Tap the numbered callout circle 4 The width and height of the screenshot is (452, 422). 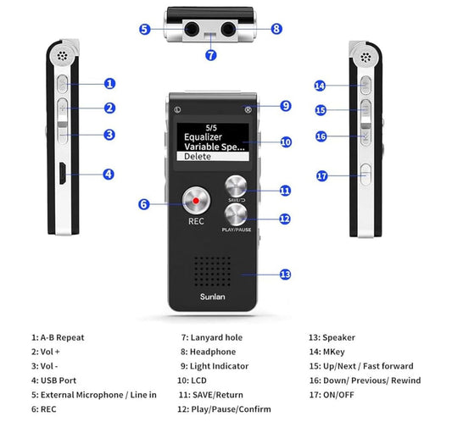point(109,174)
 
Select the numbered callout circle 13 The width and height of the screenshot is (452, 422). point(285,274)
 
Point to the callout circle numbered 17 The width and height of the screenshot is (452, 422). point(321,176)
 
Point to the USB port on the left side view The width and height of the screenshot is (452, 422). point(63,174)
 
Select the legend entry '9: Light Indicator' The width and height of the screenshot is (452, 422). point(215,365)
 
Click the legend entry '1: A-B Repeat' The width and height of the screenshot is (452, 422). point(58,337)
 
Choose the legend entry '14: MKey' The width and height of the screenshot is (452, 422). point(328,352)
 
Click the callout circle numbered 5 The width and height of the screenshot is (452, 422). point(145,29)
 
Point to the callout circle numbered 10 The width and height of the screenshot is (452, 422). point(286,142)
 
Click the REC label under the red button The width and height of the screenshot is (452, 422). point(196,222)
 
